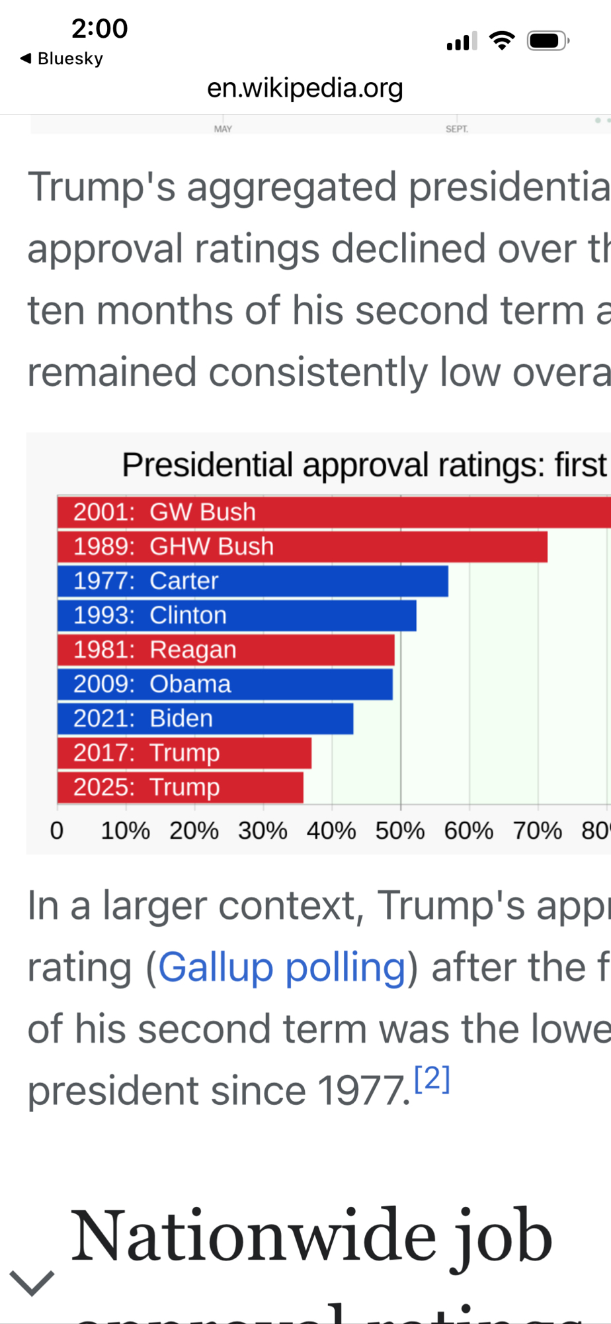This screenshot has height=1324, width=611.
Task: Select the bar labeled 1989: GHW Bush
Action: click(x=302, y=547)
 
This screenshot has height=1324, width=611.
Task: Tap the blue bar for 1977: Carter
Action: click(x=253, y=581)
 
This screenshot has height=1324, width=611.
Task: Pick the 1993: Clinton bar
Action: click(x=237, y=616)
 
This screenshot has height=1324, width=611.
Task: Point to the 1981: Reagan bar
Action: click(x=225, y=650)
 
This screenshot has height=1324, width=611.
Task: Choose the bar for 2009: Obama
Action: click(x=225, y=685)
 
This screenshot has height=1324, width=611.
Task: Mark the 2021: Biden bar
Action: click(x=205, y=719)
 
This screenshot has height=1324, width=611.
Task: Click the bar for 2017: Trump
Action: click(x=184, y=753)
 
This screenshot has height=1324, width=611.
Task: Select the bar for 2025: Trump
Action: click(x=180, y=788)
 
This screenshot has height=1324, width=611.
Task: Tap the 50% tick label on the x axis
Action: click(x=400, y=831)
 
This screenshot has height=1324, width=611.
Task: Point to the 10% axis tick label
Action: click(x=126, y=831)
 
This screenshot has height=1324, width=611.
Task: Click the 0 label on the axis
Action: click(x=57, y=831)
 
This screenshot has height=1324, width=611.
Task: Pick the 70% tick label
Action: click(x=538, y=831)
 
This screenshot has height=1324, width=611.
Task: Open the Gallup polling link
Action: click(x=282, y=968)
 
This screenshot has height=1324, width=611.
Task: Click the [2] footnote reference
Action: click(x=432, y=1079)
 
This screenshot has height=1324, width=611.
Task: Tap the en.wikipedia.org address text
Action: click(x=305, y=88)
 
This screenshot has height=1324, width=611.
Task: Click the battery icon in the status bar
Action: click(x=548, y=41)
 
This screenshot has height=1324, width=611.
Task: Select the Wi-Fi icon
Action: click(x=502, y=41)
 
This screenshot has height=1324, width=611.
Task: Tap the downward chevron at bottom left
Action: click(x=32, y=1283)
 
